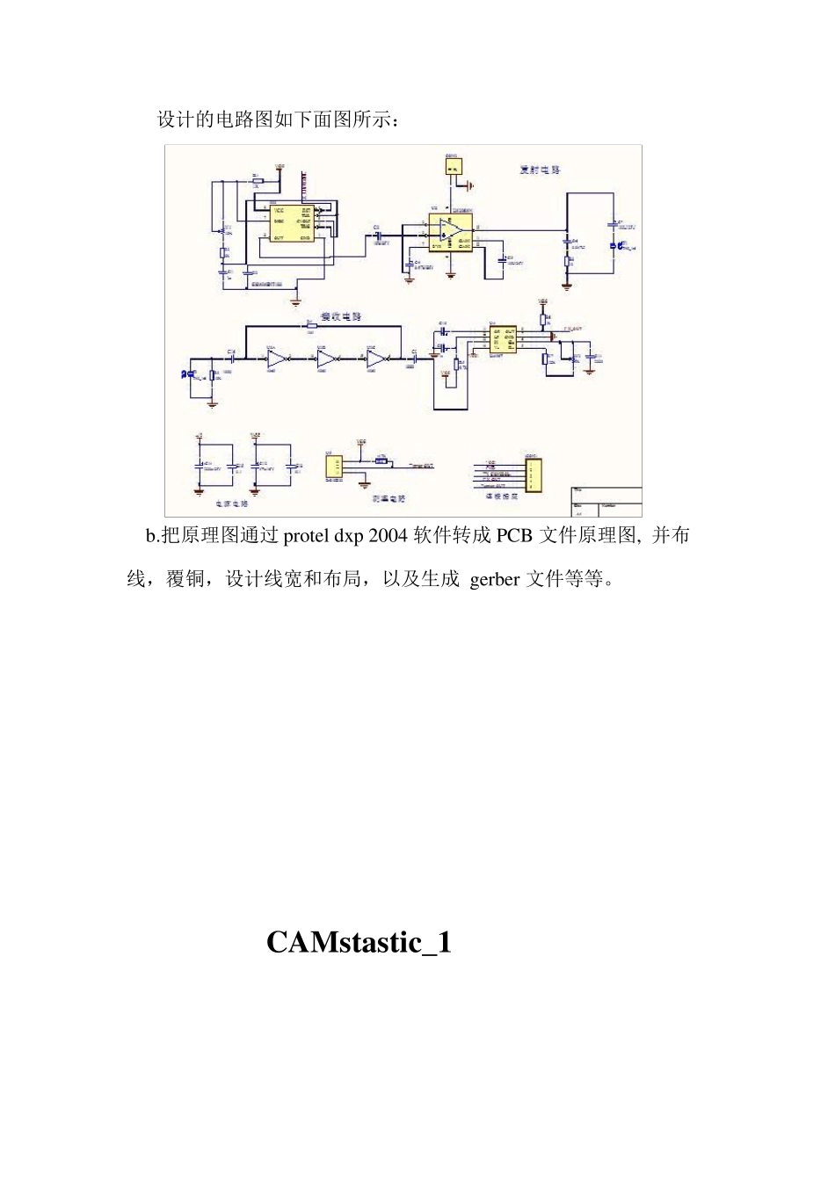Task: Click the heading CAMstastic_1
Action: [359, 943]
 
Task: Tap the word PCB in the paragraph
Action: [514, 535]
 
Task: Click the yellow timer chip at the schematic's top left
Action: [291, 223]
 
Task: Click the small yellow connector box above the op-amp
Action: [454, 167]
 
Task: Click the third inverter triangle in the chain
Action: [375, 359]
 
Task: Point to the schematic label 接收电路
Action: [340, 316]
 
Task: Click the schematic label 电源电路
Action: [232, 504]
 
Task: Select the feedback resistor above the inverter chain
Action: [310, 326]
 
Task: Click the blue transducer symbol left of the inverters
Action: [186, 375]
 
